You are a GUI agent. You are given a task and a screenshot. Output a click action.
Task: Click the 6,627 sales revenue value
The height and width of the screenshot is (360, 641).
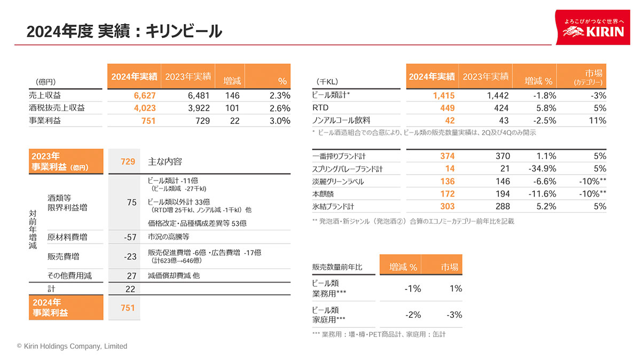coord(144,96)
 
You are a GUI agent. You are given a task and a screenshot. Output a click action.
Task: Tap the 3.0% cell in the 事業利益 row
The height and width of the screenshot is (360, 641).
coord(279,121)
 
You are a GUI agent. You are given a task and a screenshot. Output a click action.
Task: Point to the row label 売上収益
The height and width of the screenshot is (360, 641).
coord(45,96)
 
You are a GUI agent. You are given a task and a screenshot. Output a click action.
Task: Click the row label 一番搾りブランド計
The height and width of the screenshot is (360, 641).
coord(339,156)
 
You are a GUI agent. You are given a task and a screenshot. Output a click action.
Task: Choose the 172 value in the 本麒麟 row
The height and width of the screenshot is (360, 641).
coord(447,194)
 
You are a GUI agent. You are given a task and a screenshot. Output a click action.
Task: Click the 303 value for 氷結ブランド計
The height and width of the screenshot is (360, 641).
coord(447,206)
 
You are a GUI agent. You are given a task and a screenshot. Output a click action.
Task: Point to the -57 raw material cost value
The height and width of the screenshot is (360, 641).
coord(130,237)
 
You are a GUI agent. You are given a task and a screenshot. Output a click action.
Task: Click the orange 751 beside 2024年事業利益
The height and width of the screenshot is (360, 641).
coord(128,308)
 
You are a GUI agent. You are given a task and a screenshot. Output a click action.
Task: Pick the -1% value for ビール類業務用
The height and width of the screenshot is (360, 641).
coord(413,288)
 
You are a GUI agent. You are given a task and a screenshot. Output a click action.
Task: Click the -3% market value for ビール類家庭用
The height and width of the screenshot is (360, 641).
coord(454,315)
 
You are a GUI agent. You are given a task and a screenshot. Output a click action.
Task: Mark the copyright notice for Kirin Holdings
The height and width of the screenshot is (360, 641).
coord(72,346)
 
